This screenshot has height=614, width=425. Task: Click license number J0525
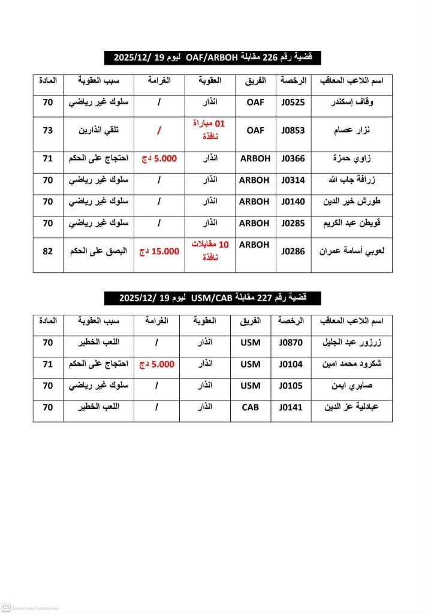click(x=293, y=103)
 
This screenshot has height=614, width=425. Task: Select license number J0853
click(x=293, y=131)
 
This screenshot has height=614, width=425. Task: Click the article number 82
click(x=48, y=251)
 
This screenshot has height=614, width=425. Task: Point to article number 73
click(x=48, y=131)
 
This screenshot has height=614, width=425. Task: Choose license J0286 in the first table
click(x=293, y=251)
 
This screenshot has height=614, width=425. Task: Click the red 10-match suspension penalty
click(x=216, y=248)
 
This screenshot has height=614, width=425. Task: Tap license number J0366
click(x=293, y=158)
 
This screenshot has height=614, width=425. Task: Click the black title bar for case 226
click(x=212, y=58)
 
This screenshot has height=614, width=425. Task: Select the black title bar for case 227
click(x=212, y=298)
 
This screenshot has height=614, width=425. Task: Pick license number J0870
click(x=291, y=343)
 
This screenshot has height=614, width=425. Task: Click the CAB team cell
click(x=251, y=407)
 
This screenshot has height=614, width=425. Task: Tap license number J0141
click(x=291, y=407)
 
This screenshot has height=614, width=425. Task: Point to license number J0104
click(x=291, y=364)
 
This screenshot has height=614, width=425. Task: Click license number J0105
click(x=291, y=386)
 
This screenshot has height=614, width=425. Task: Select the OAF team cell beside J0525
click(x=255, y=103)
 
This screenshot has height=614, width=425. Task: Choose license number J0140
click(x=293, y=201)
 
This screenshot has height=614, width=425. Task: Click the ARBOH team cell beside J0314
click(x=255, y=180)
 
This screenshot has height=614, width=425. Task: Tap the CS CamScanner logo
click(x=6, y=607)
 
